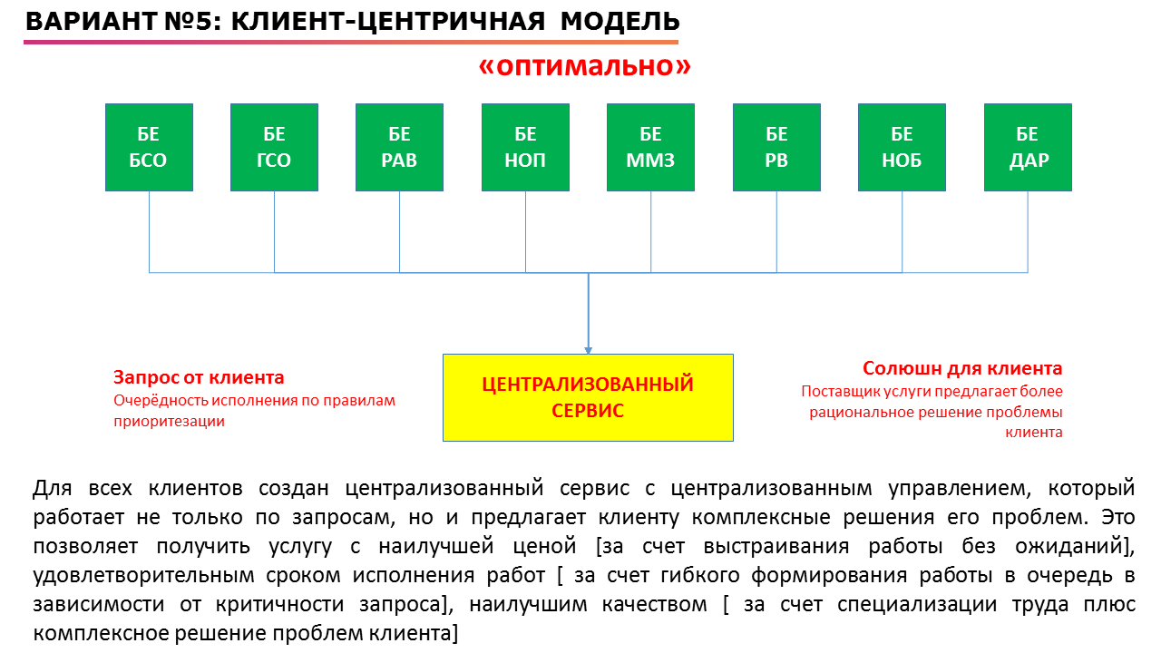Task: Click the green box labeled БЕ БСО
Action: pyautogui.click(x=149, y=147)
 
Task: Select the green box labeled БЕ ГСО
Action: pyautogui.click(x=274, y=147)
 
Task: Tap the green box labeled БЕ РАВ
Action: pyautogui.click(x=399, y=147)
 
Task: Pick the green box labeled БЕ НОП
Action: pyautogui.click(x=525, y=147)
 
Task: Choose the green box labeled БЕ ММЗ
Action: pyautogui.click(x=650, y=147)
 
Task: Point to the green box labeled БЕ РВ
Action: pyautogui.click(x=776, y=147)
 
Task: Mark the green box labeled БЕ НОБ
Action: pyautogui.click(x=902, y=147)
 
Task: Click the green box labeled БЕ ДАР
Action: pyautogui.click(x=1028, y=147)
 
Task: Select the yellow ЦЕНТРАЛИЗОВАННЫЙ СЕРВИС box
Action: pyautogui.click(x=588, y=397)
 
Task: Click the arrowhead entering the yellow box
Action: pyautogui.click(x=588, y=350)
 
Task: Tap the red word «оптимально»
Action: pyautogui.click(x=585, y=66)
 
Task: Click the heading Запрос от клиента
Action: pyautogui.click(x=199, y=377)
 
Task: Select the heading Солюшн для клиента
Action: pyautogui.click(x=962, y=368)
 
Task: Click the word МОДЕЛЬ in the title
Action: pyautogui.click(x=620, y=21)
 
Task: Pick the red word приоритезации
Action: pyautogui.click(x=169, y=422)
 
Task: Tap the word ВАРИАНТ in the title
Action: pyautogui.click(x=92, y=21)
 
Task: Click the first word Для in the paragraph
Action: pyautogui.click(x=53, y=488)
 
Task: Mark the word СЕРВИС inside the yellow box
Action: pyautogui.click(x=588, y=411)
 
